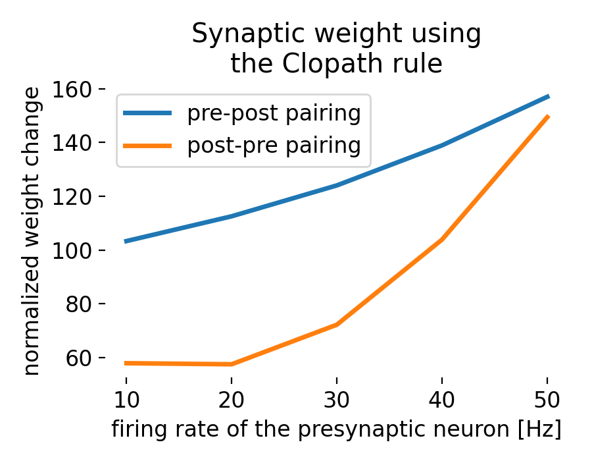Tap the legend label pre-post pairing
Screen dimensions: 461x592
[x=274, y=113]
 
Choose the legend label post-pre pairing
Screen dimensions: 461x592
[x=274, y=145]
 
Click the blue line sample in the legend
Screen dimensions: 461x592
[x=148, y=114]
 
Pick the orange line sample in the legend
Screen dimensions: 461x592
[x=148, y=146]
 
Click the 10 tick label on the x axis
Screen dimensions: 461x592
[x=126, y=400]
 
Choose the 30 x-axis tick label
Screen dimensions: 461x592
[x=336, y=400]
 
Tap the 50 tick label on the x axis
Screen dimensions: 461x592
[x=547, y=400]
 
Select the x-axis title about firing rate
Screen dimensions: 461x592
[x=336, y=429]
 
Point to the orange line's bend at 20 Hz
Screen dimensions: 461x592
[x=231, y=364]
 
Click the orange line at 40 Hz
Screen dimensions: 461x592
[x=441, y=239]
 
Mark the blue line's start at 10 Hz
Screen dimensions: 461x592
[x=126, y=242]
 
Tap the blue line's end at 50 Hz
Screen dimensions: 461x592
[x=547, y=96]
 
